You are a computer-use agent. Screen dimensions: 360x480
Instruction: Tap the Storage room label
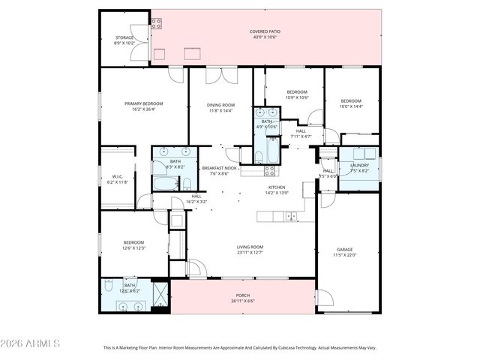tap(124, 40)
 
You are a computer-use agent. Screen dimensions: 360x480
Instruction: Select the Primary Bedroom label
tap(143, 106)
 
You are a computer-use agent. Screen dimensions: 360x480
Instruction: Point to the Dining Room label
tap(220, 107)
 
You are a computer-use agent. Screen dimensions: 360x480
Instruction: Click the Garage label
tap(344, 252)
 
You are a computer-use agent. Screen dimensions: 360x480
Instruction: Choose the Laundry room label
tap(359, 167)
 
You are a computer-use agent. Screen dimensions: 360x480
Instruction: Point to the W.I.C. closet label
tap(117, 179)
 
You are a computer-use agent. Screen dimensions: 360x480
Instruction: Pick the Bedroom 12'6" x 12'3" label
tap(133, 245)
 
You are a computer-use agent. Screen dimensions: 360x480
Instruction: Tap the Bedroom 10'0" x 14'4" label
tap(351, 103)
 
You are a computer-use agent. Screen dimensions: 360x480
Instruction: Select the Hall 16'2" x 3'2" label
tap(196, 199)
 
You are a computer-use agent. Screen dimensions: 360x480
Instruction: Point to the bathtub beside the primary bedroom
tap(163, 182)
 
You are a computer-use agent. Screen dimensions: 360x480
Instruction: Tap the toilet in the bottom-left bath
tap(109, 286)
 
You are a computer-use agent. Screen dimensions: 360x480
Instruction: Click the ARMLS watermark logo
tap(30, 343)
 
